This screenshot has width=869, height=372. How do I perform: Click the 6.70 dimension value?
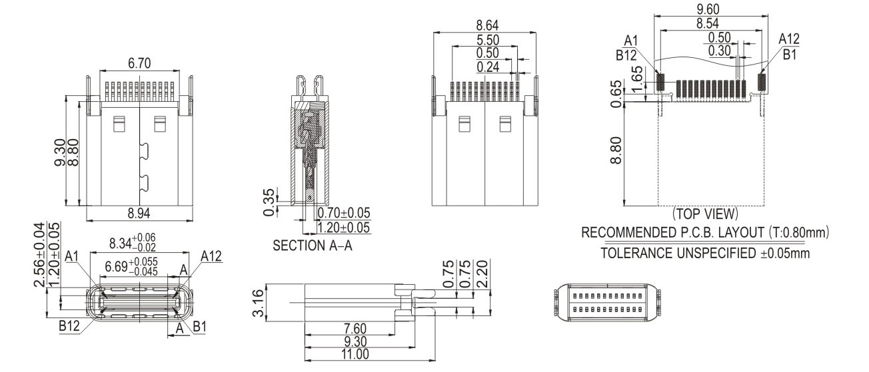point(139,63)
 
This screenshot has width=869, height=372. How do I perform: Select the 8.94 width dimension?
point(139,214)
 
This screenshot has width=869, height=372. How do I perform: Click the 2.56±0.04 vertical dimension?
point(40,255)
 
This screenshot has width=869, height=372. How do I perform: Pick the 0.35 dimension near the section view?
point(268,202)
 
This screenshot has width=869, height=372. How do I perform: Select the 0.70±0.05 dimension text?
point(344,214)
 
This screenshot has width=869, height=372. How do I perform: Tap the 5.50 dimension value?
point(486,39)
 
